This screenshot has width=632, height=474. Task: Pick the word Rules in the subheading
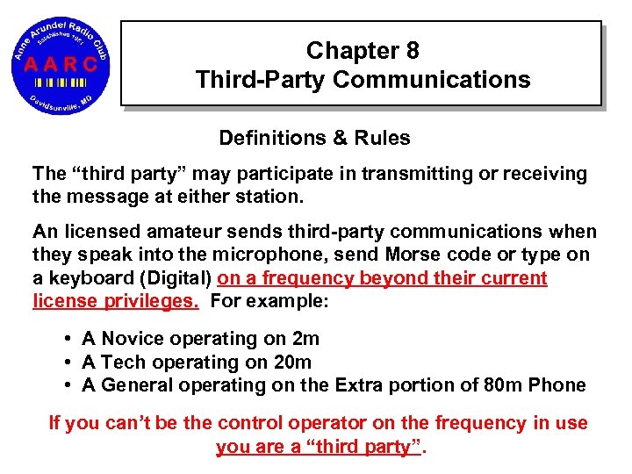tap(382, 138)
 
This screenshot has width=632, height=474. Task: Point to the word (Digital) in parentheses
tap(175, 279)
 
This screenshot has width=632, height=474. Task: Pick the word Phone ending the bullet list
tap(560, 385)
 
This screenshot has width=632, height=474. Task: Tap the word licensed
tap(94, 233)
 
